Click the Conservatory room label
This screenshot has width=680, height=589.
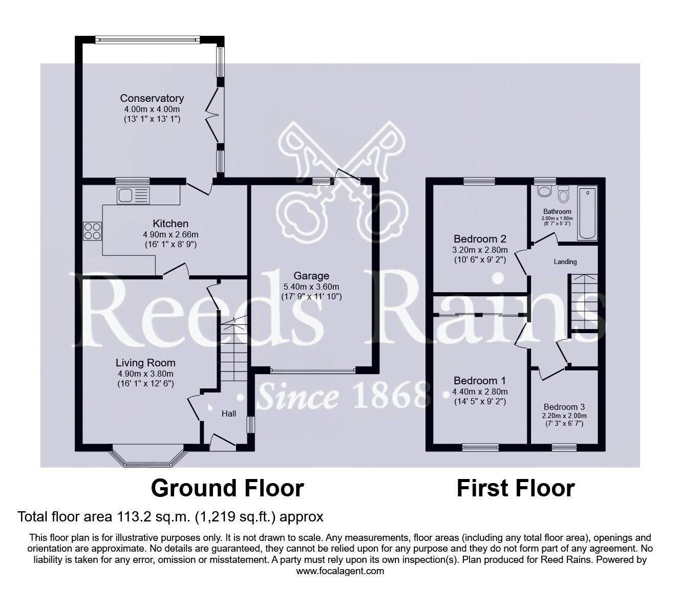pos(152,98)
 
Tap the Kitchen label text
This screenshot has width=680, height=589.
pos(171,224)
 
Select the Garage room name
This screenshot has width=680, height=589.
pos(311,276)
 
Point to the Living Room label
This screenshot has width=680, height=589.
pos(145,363)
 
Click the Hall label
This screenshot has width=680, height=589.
pos(229,413)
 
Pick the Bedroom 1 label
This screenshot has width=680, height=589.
pos(480,381)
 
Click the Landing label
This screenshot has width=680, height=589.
pos(565,262)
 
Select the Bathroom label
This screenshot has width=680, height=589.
pos(557,212)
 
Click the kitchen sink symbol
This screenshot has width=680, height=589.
pos(133,195)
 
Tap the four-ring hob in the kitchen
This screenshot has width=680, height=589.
pos(93,230)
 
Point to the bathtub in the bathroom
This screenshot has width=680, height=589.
pos(587,214)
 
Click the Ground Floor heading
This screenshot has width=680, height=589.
pos(227,488)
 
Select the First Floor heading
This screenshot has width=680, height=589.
pos(515,488)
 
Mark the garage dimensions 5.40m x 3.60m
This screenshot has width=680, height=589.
pos(311,287)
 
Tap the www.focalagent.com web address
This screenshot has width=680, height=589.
pos(340,571)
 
